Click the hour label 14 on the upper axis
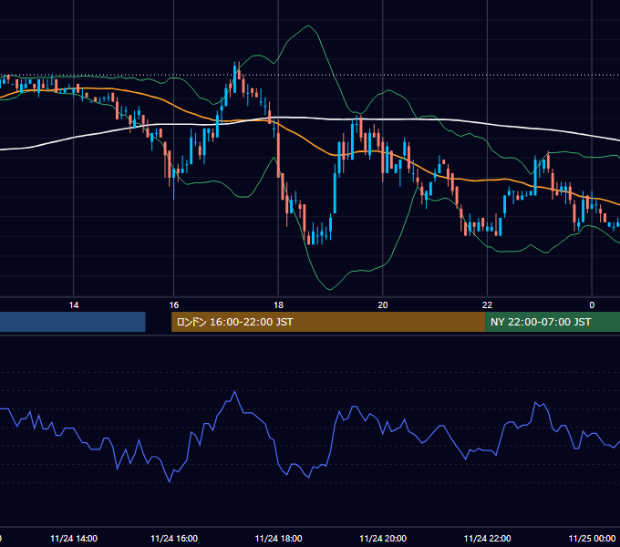(x=74, y=305)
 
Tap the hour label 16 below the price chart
(x=174, y=305)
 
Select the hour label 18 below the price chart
(x=278, y=305)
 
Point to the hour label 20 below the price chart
(x=383, y=305)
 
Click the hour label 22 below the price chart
(x=487, y=305)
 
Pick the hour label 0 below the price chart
(x=592, y=305)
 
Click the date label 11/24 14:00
(x=74, y=539)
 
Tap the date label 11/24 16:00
(x=174, y=539)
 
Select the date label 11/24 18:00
(x=278, y=539)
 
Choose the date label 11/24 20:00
(x=383, y=539)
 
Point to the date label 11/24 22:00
(x=487, y=539)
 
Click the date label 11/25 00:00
(x=592, y=539)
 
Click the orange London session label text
(x=235, y=322)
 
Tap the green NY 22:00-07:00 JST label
(x=541, y=322)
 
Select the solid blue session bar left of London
(x=73, y=322)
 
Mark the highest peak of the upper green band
(x=308, y=26)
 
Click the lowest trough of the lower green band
(x=330, y=290)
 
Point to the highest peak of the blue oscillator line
(x=235, y=391)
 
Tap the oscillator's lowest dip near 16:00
(x=170, y=481)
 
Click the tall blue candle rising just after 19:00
(x=335, y=192)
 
